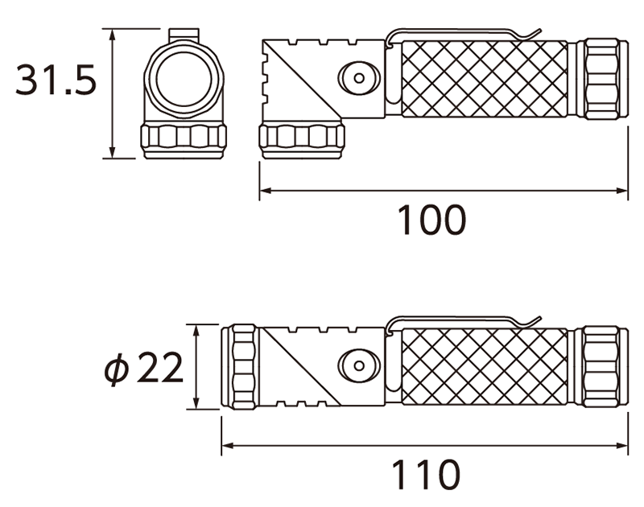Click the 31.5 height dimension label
pos(56,80)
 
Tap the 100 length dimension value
pos(432,220)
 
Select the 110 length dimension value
pos(426,475)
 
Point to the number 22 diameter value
pos(159,368)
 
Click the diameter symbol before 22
pos(116,369)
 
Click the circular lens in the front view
pos(184,78)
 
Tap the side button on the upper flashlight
pos(359,78)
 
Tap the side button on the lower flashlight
pos(359,365)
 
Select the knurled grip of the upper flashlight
pos(485,79)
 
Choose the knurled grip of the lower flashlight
pos(485,367)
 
